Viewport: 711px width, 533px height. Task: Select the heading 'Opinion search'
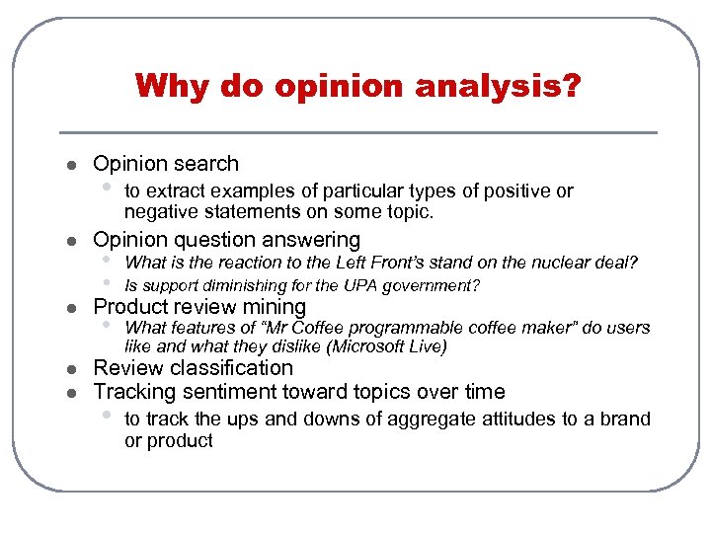(166, 164)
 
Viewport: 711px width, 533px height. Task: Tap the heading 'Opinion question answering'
(226, 240)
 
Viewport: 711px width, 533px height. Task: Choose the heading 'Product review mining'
(199, 307)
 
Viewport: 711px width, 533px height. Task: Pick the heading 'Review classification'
(193, 368)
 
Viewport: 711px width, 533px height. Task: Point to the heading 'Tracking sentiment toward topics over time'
(298, 392)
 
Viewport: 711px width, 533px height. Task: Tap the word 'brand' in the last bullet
(626, 419)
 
